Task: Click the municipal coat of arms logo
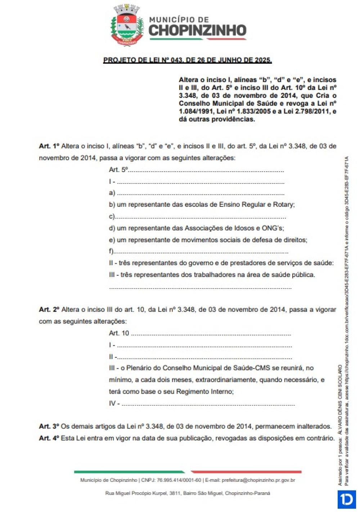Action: coord(127,25)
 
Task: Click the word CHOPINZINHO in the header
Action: coord(198,31)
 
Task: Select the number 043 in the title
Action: coord(177,60)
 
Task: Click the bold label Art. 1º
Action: coord(49,146)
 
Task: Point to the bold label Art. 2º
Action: coord(49,309)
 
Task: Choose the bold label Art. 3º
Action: coord(49,426)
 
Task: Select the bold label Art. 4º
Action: coord(49,438)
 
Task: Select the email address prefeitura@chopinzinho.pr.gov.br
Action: coord(258,480)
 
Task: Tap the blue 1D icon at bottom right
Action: coord(347,500)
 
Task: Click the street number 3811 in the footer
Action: coord(174,493)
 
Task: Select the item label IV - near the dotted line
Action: coord(114,403)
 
